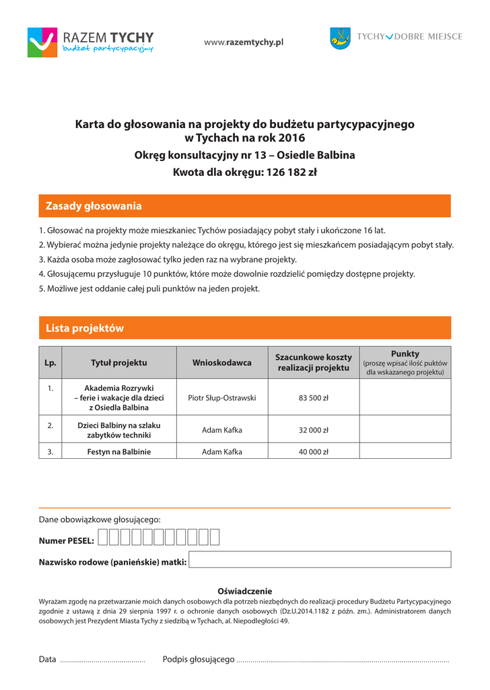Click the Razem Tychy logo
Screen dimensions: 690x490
pyautogui.click(x=90, y=42)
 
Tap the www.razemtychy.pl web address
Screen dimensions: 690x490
pyautogui.click(x=244, y=42)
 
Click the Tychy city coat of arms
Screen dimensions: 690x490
pyautogui.click(x=340, y=38)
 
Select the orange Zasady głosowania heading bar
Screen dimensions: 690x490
pyautogui.click(x=244, y=206)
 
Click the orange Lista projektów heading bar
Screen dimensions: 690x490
pyautogui.click(x=244, y=328)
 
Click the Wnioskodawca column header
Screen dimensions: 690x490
pyautogui.click(x=222, y=363)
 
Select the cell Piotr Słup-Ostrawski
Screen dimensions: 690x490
pyautogui.click(x=222, y=398)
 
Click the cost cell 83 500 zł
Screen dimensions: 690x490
pyautogui.click(x=313, y=398)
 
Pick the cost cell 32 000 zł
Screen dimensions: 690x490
pyautogui.click(x=313, y=430)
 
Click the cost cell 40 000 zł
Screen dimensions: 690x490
pyautogui.click(x=313, y=451)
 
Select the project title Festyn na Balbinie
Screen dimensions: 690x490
pyautogui.click(x=119, y=451)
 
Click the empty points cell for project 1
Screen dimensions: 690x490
pyautogui.click(x=405, y=398)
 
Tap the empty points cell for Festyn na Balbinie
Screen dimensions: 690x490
pyautogui.click(x=405, y=451)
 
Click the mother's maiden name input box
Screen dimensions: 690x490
pyautogui.click(x=320, y=559)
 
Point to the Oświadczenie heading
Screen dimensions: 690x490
pyautogui.click(x=244, y=591)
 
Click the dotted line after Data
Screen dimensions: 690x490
pyautogui.click(x=102, y=660)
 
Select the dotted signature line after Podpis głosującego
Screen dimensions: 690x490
pyautogui.click(x=343, y=660)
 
